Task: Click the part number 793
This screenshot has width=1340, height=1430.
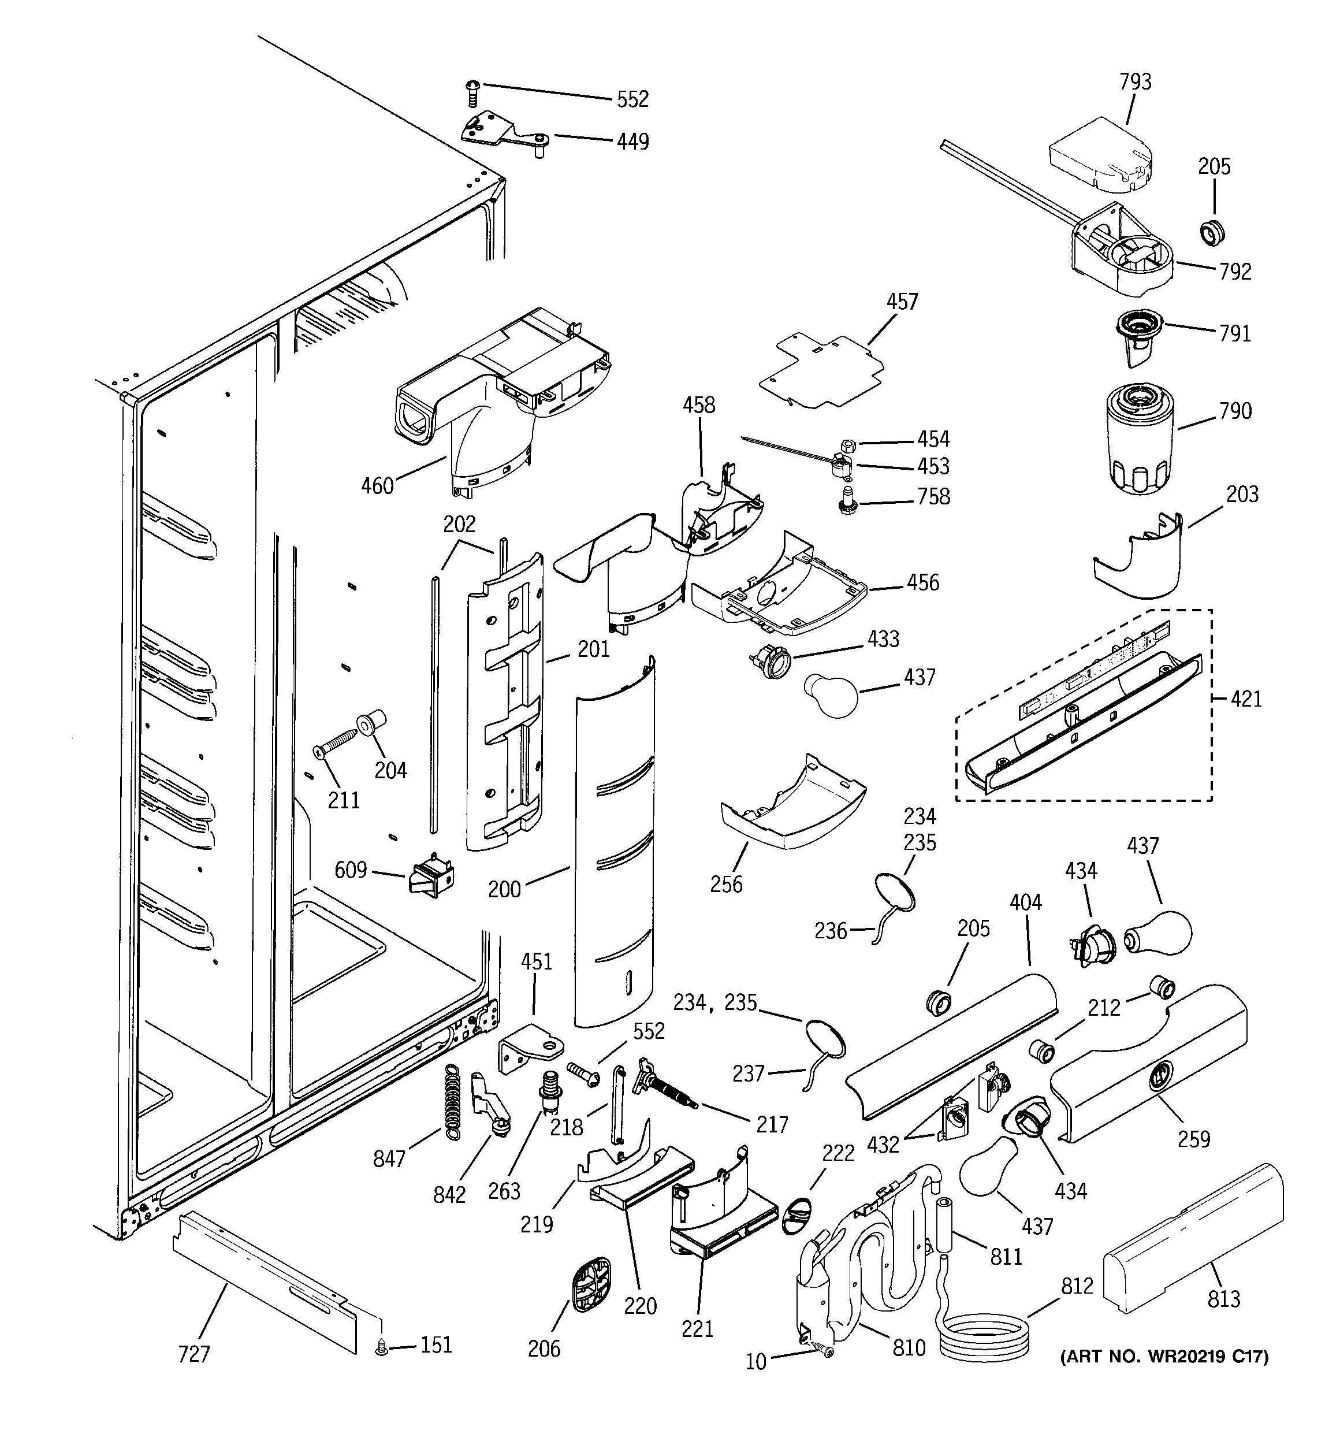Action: pos(1135,82)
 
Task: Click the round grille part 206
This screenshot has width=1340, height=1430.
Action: pos(590,1286)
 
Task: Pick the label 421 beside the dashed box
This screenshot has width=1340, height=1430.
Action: pos(1246,699)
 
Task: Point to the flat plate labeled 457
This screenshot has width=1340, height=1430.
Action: pos(820,371)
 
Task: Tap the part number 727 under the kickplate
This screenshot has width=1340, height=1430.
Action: pos(193,1354)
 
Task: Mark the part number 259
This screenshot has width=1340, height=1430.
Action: pos(1193,1139)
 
